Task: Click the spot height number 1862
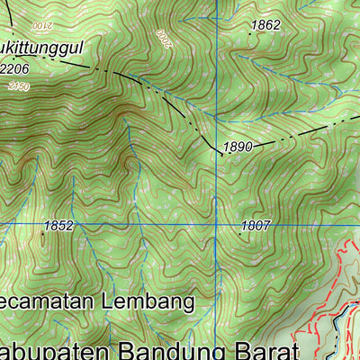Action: [x=266, y=25]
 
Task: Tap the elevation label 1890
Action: [x=238, y=147]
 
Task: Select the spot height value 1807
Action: [x=256, y=226]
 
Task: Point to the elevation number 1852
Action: [x=57, y=226]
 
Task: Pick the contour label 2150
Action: [x=18, y=85]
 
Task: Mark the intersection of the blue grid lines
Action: [x=217, y=222]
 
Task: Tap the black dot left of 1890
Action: [x=221, y=154]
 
